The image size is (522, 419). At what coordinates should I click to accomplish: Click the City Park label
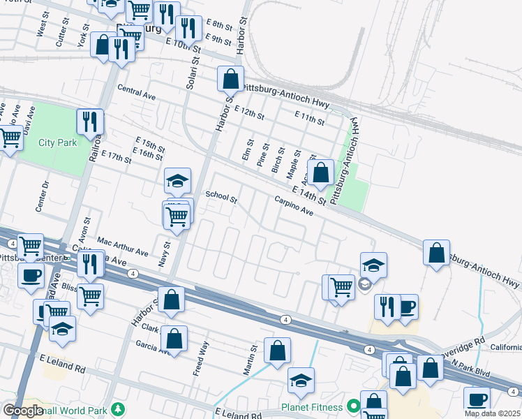click(x=57, y=142)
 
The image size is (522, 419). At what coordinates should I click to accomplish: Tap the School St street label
click(x=221, y=198)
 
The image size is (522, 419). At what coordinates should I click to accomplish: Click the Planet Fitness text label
click(x=312, y=407)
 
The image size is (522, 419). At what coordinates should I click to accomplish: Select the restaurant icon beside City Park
click(x=90, y=122)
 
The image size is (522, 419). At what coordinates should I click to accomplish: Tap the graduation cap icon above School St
click(x=177, y=181)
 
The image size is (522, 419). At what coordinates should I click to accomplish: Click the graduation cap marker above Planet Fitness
click(x=301, y=380)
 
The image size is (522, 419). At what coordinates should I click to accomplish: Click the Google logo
click(x=23, y=411)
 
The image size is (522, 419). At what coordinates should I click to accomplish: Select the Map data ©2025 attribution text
click(x=492, y=413)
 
